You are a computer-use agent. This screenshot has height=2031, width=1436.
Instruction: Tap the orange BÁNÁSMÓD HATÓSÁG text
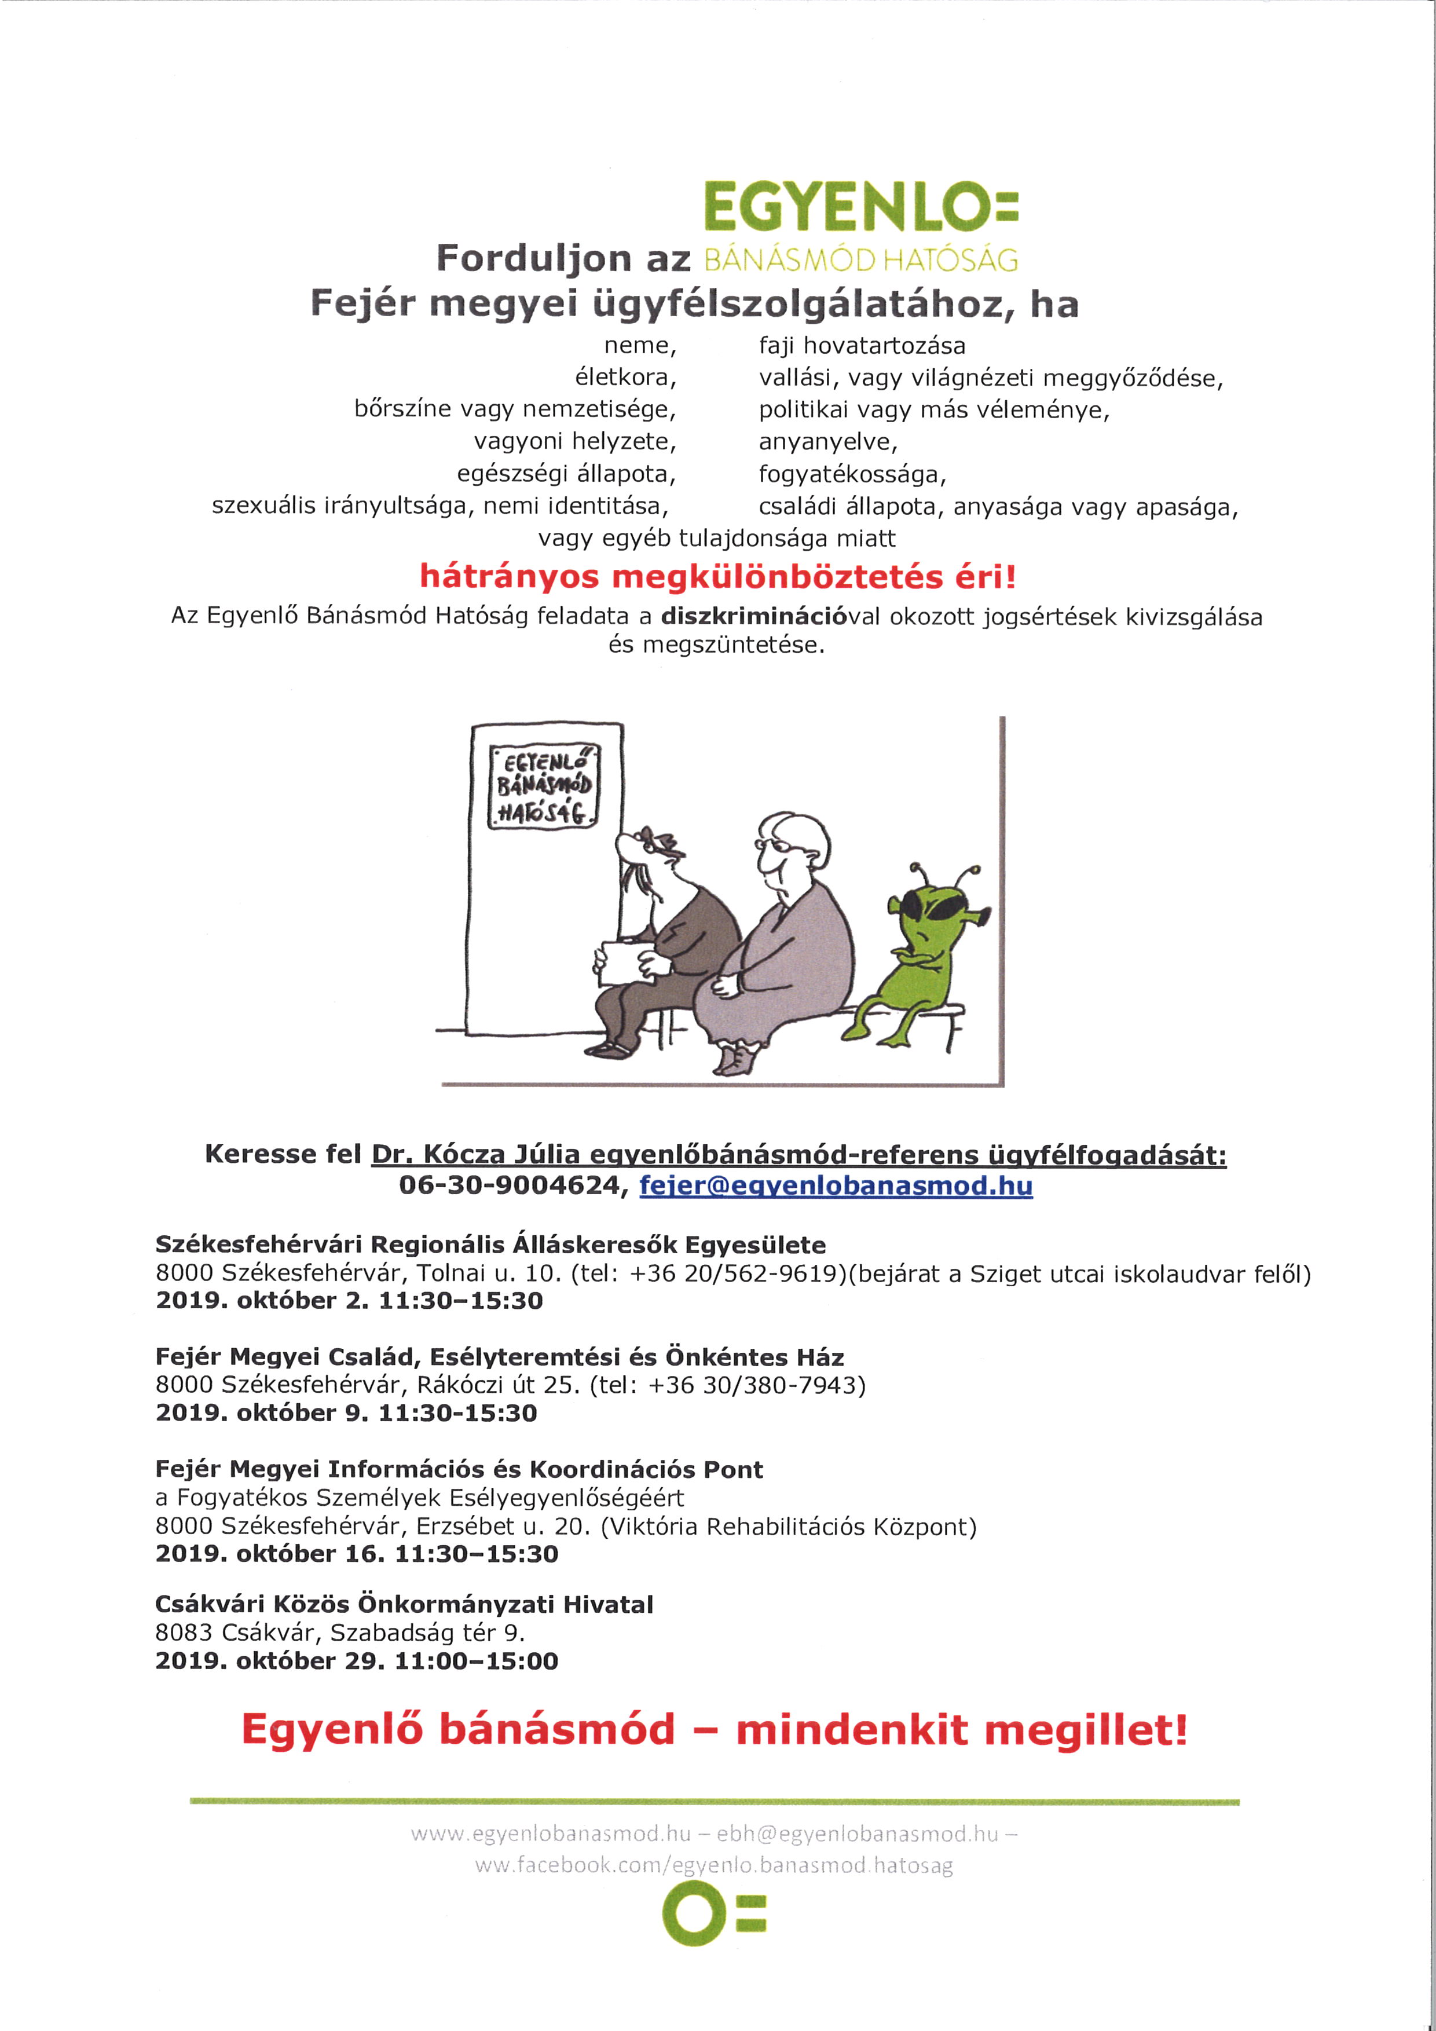860,259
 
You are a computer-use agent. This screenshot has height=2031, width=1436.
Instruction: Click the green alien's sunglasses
933,907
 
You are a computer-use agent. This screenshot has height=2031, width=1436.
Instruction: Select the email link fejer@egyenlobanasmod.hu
836,1185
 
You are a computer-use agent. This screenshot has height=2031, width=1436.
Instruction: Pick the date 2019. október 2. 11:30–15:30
349,1300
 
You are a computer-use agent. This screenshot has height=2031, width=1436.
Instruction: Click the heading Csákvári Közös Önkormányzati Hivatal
404,1605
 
